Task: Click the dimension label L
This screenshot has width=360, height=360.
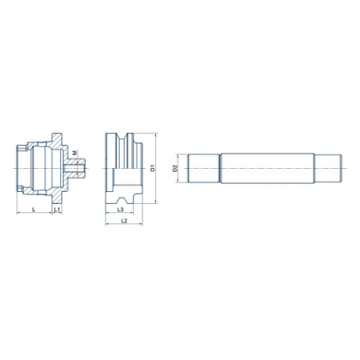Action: coord(34,210)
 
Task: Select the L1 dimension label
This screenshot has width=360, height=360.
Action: coord(57,210)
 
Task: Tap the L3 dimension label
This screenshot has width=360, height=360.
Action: coord(120,210)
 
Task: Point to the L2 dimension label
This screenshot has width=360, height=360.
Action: coord(124,221)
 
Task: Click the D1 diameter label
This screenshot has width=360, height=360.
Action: coord(153,168)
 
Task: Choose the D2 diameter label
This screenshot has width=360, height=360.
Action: coord(175,168)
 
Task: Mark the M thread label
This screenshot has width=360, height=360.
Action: coord(74,153)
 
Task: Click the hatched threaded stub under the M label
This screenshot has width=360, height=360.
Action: coord(75,168)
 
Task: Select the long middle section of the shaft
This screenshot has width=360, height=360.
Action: coord(267,168)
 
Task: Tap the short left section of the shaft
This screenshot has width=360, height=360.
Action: coord(204,168)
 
